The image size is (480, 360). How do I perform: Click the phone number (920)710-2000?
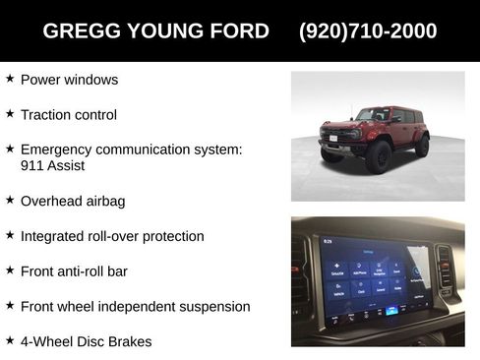(368, 30)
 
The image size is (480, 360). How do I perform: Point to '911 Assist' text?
(52, 165)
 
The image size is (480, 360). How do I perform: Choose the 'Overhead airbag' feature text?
(73, 201)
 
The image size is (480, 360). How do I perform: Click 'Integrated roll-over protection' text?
(111, 236)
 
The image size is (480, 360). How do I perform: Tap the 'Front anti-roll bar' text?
(74, 271)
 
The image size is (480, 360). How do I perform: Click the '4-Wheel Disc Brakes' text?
(86, 342)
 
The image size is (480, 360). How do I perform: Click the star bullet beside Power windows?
(10, 78)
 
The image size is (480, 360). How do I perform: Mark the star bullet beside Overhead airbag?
(10, 200)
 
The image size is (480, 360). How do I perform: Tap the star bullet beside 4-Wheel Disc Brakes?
(10, 340)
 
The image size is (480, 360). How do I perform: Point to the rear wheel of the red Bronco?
(422, 146)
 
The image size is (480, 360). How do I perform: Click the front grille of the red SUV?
(340, 135)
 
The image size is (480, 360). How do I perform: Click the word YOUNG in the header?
(160, 30)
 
